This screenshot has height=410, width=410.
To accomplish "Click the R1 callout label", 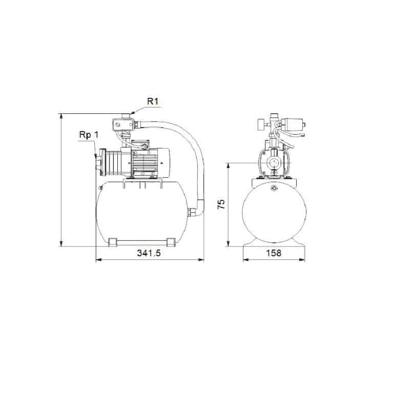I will tap(152, 101).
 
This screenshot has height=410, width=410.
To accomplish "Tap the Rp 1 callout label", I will tap(88, 135).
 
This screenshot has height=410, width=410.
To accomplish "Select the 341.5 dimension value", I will tap(149, 253).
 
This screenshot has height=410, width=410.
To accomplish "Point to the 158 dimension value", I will tap(274, 253).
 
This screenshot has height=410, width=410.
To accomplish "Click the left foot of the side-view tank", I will tap(113, 241).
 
